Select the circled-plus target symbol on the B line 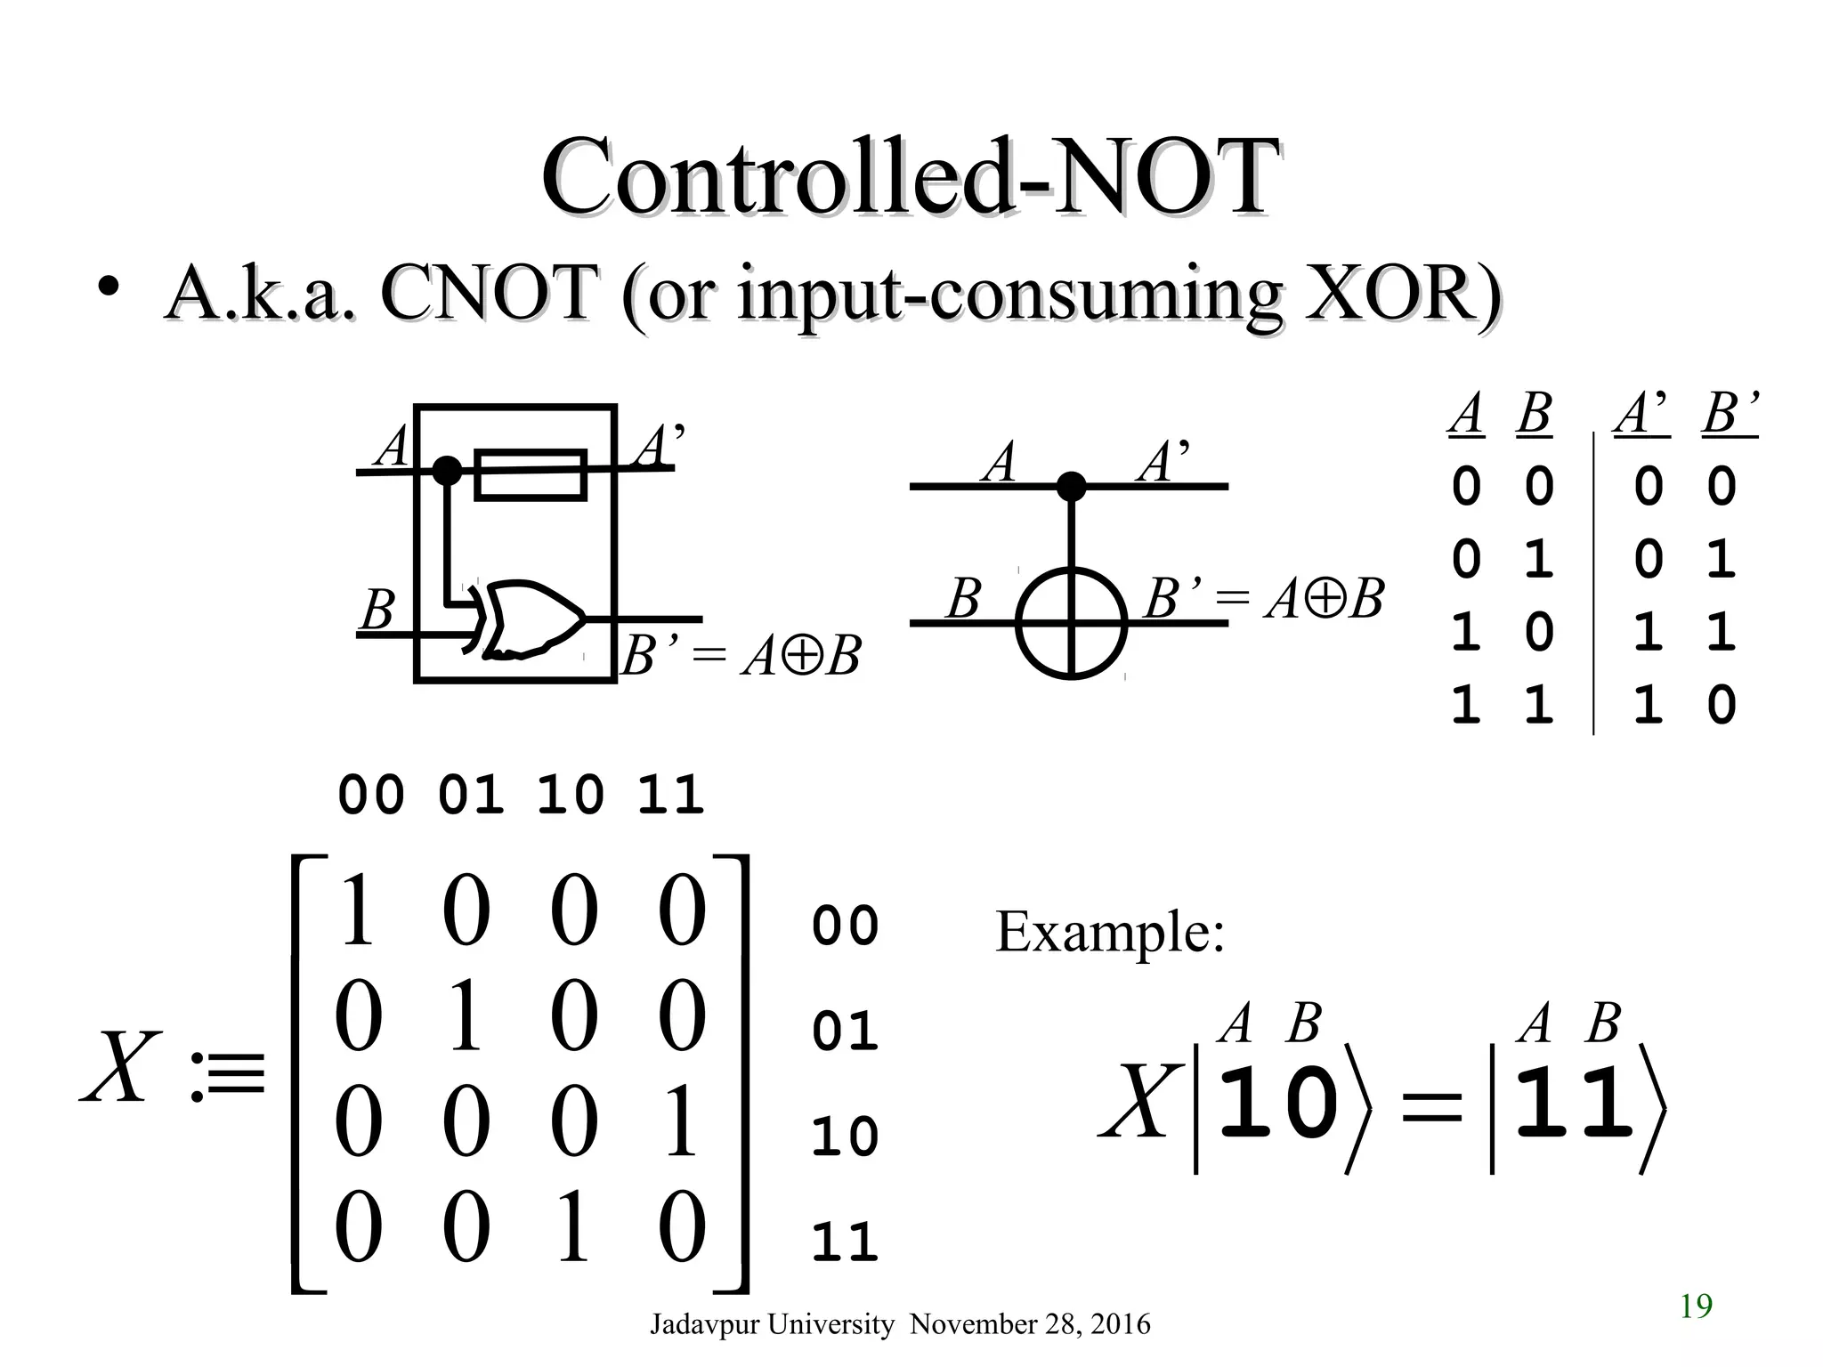coord(1071,622)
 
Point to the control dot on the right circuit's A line coord(1071,486)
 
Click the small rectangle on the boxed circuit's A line coord(531,475)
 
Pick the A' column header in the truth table coord(1643,415)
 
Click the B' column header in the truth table coord(1730,415)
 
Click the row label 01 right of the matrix coord(845,1031)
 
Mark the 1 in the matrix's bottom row coord(572,1229)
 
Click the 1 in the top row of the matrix coord(358,911)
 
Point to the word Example coord(1109,932)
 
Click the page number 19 coord(1696,1306)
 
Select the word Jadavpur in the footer coord(704,1324)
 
